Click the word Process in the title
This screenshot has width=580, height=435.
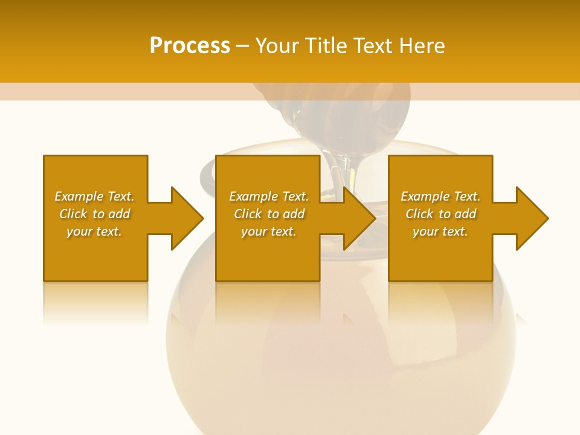(x=190, y=46)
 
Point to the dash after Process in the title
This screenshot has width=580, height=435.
(x=243, y=47)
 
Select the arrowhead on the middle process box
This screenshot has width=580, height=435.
(x=359, y=218)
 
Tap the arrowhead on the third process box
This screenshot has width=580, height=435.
(x=532, y=218)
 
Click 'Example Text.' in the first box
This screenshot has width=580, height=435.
(x=94, y=196)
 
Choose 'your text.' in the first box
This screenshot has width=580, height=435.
(x=94, y=231)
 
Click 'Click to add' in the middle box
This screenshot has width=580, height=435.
(x=269, y=214)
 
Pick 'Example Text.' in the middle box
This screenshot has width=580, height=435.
(x=269, y=196)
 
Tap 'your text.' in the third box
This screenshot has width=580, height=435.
(x=440, y=231)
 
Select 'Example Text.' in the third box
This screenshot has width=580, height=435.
(x=440, y=196)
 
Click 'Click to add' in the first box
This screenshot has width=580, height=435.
(x=94, y=214)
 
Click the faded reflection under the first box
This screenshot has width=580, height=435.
(x=95, y=302)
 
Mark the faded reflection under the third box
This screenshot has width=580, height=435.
(x=440, y=302)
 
